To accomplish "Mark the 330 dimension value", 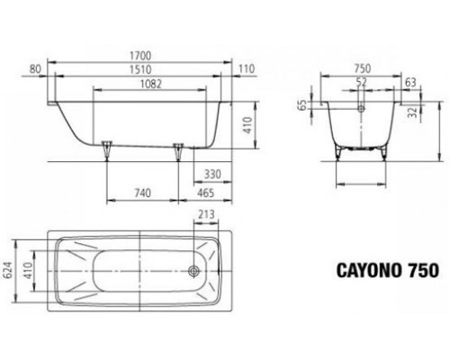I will pos(212,174).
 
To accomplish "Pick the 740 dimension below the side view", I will pos(140,193).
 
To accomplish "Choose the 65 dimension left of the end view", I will pos(304,105).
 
